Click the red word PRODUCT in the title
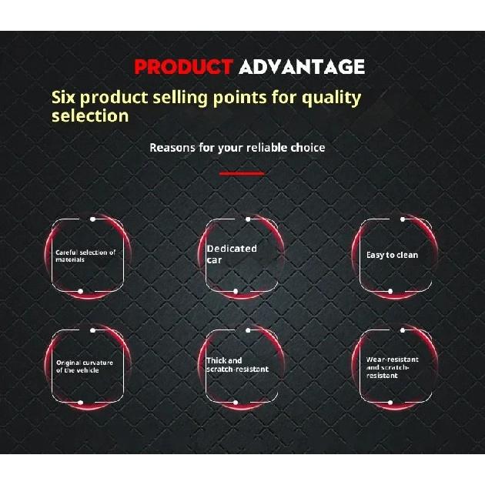click(184, 67)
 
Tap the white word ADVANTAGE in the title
click(302, 67)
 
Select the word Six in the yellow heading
click(63, 97)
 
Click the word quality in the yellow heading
click(332, 99)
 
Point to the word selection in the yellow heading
click(90, 116)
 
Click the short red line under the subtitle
click(242, 173)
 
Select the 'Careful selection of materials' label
click(85, 256)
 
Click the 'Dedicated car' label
click(232, 254)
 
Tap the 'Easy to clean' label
click(392, 255)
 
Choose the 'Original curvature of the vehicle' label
click(85, 366)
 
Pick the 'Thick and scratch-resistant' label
click(238, 365)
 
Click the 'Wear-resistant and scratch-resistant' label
click(392, 367)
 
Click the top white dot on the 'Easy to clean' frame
click(403, 219)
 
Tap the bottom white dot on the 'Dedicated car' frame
click(236, 291)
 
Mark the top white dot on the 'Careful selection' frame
click(92, 219)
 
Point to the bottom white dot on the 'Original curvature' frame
click(80, 403)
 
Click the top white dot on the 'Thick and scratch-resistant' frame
click(248, 330)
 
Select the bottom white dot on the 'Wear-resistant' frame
click(390, 403)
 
